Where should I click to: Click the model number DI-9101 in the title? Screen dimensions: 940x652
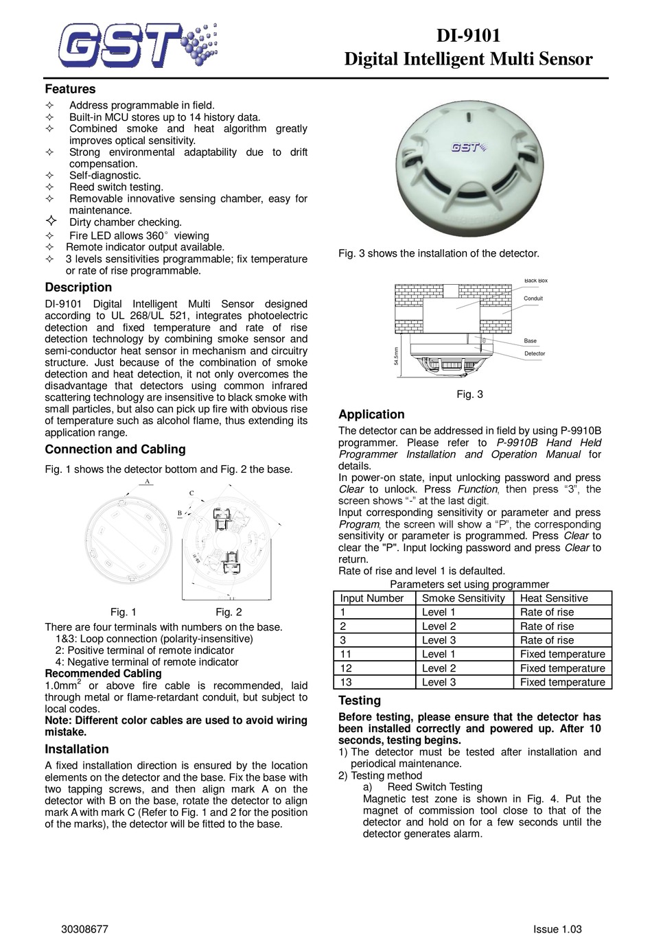(469, 36)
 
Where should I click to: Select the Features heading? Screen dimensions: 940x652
(70, 89)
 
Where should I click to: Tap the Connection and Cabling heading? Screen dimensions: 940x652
(115, 449)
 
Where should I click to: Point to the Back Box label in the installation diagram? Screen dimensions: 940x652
(535, 281)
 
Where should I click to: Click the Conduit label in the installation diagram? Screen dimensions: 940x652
(533, 298)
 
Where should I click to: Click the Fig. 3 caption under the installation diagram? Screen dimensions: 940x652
(469, 394)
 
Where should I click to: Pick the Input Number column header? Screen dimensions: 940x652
(372, 598)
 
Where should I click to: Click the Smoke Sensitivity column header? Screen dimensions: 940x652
(463, 598)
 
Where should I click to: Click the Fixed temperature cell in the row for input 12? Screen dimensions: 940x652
(562, 668)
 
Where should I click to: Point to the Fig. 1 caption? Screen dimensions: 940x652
(124, 612)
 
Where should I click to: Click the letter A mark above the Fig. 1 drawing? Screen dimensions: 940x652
(146, 482)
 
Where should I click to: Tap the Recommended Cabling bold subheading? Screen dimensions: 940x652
(103, 674)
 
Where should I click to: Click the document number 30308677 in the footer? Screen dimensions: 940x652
(84, 930)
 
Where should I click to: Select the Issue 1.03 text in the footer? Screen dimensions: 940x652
(557, 930)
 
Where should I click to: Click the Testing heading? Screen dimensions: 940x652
(360, 701)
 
